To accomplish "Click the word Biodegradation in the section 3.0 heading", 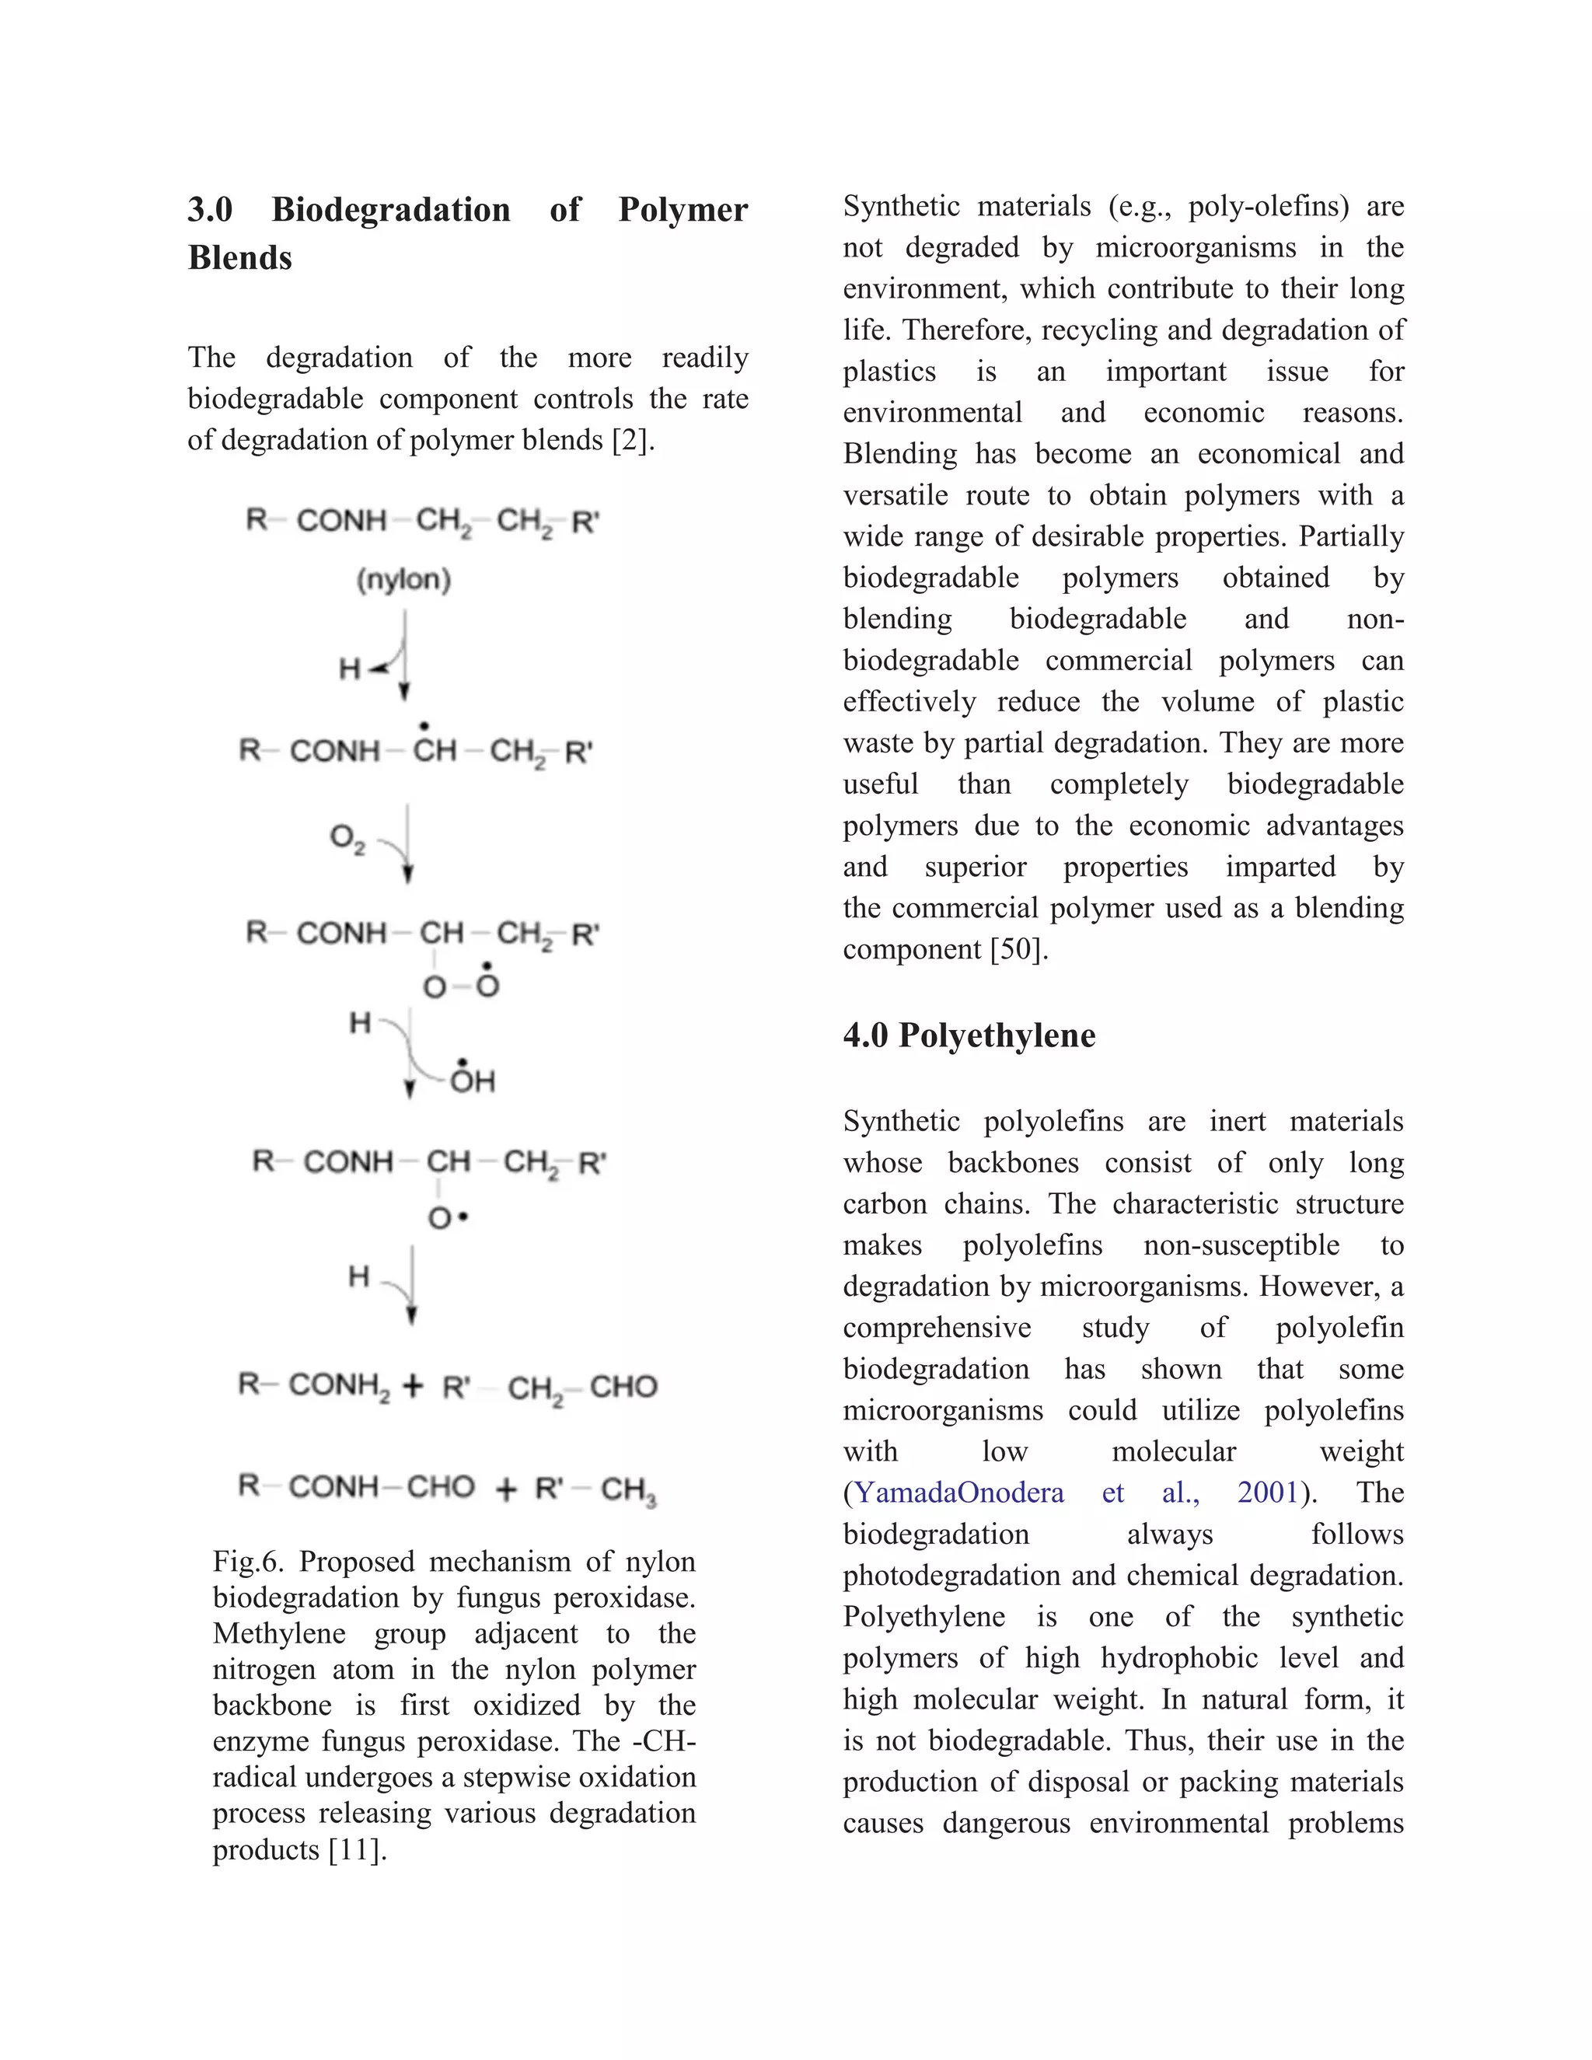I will [x=390, y=209].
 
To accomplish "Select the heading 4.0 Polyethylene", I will [x=969, y=1035].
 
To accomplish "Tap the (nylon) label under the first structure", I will [x=403, y=579].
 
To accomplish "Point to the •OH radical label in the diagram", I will [x=472, y=1079].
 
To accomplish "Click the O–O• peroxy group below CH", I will [x=461, y=986].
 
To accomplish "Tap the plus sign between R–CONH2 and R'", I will [x=412, y=1385].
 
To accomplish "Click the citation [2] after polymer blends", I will [x=633, y=441].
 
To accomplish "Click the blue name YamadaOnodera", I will [x=958, y=1493].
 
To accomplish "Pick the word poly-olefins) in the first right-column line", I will [x=1269, y=207].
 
